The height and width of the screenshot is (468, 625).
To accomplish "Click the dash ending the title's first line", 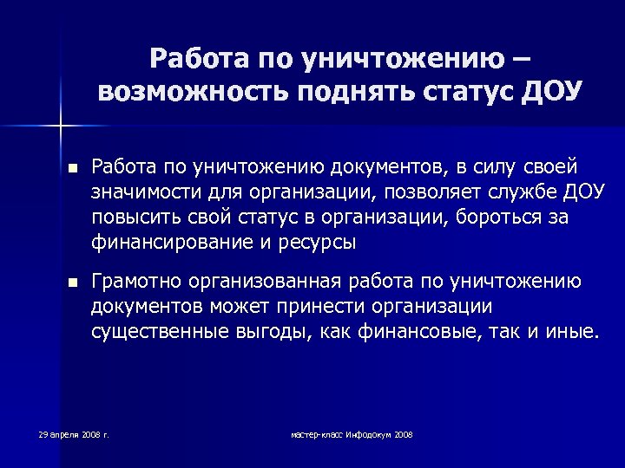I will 523,59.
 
